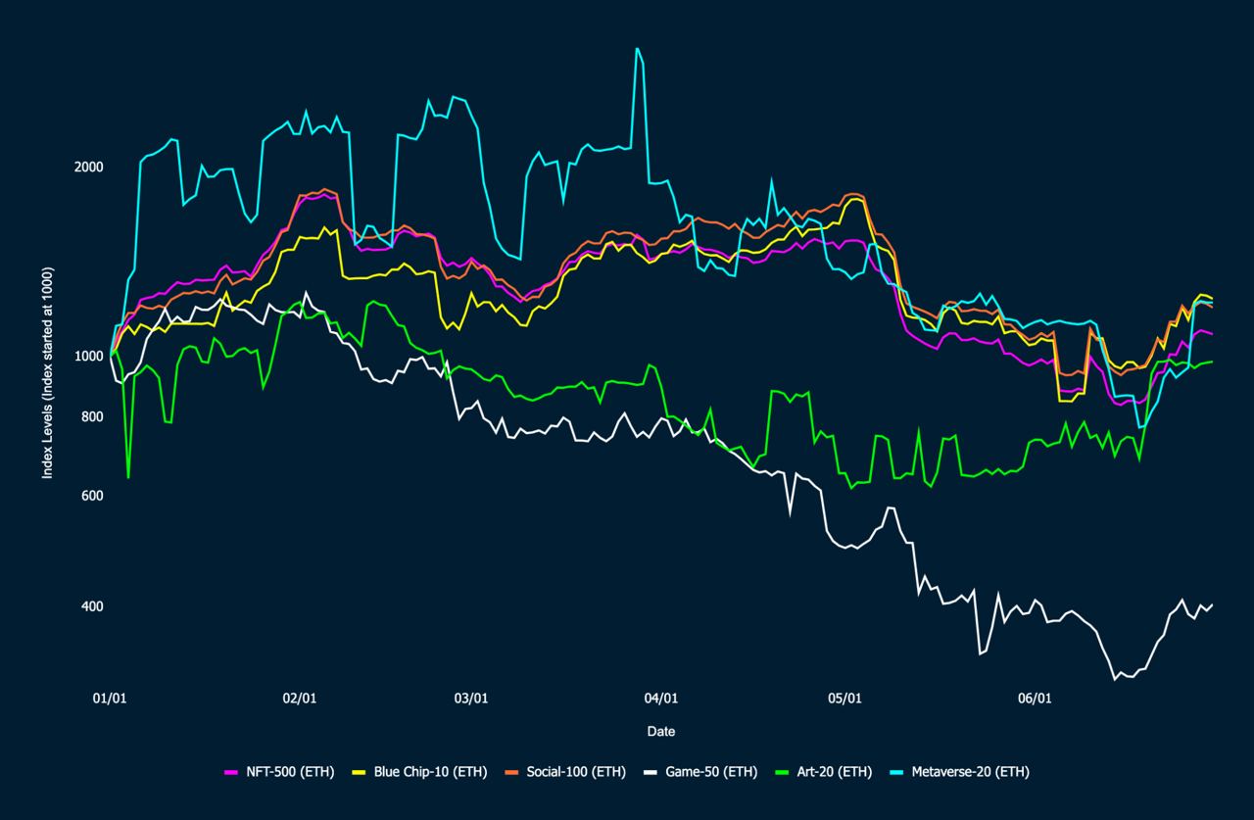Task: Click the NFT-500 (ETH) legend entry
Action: tap(279, 772)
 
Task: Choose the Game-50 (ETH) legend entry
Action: tap(702, 772)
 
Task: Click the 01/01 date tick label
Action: tap(110, 699)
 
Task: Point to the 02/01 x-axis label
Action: tap(299, 699)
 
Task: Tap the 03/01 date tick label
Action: tap(471, 699)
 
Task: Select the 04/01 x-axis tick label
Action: tap(661, 699)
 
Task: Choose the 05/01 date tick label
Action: tap(844, 699)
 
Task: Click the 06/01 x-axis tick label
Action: tap(1035, 699)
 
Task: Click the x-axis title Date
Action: tap(660, 732)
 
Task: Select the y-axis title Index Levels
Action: tap(47, 372)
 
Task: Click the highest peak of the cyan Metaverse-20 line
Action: tap(638, 48)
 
